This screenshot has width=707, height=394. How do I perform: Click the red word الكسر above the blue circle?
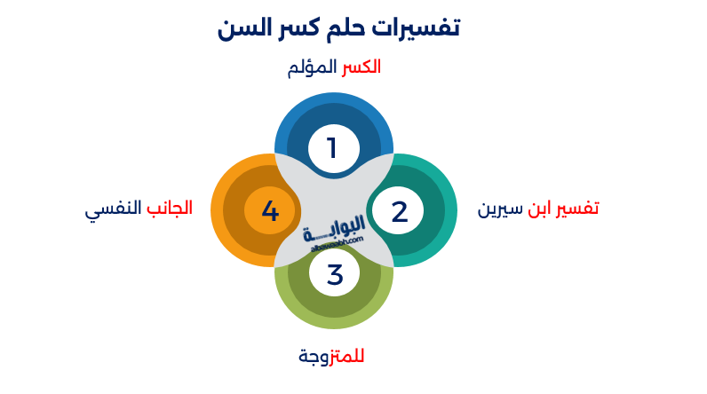(x=361, y=67)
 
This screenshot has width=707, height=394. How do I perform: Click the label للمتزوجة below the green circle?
(x=331, y=357)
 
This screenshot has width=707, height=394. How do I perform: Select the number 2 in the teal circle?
(x=399, y=212)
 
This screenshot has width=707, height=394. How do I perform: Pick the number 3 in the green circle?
(x=335, y=274)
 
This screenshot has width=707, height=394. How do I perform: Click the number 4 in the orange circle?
(x=270, y=212)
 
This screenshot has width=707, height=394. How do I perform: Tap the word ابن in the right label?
(x=541, y=209)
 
